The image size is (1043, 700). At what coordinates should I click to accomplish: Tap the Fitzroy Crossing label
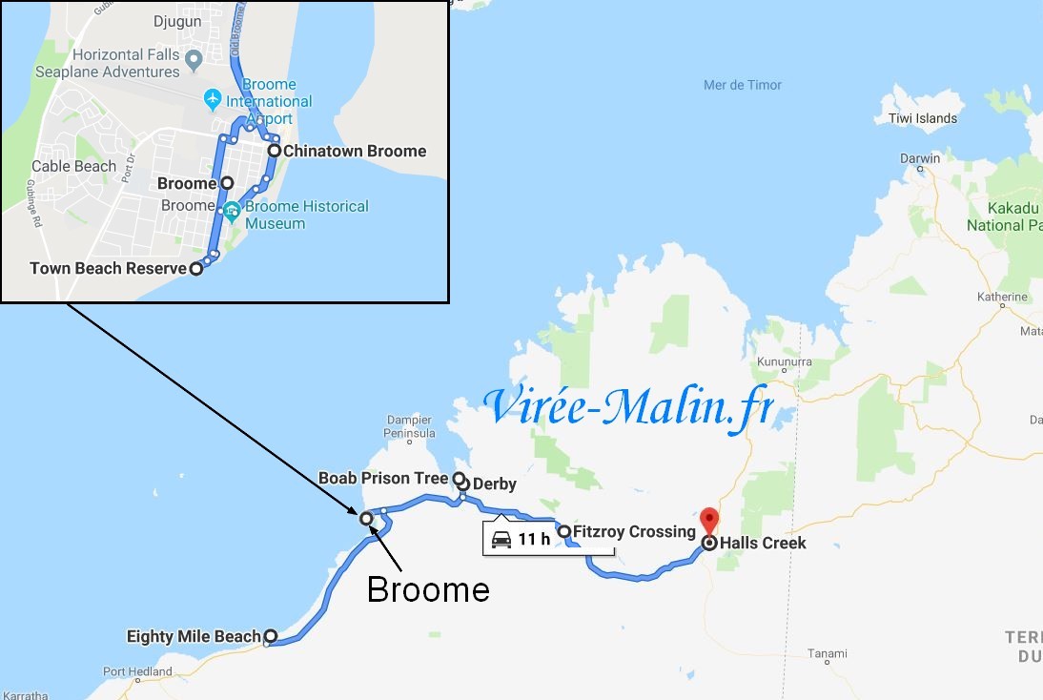point(634,532)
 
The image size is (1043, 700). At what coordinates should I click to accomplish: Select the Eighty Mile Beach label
point(194,636)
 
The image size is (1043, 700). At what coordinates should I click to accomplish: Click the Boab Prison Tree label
point(383,478)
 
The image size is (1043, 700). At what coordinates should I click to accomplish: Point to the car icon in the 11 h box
point(501,540)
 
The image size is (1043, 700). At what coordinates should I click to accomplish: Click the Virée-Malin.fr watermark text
point(628,408)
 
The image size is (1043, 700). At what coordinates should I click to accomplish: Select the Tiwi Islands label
point(923,118)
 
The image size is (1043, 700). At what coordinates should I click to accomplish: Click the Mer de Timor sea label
point(743,85)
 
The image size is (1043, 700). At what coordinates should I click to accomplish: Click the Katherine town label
point(1001,297)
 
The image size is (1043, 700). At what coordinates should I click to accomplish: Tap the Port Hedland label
point(138,671)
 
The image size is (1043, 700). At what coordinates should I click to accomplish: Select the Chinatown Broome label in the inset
point(354,151)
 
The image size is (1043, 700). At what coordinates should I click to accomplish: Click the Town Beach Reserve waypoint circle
point(195,269)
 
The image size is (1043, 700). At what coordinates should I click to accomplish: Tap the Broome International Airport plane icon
point(212,98)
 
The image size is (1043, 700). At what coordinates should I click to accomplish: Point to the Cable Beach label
point(73,166)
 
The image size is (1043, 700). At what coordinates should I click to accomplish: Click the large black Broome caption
point(428,589)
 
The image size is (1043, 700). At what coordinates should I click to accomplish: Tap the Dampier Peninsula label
point(410,426)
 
